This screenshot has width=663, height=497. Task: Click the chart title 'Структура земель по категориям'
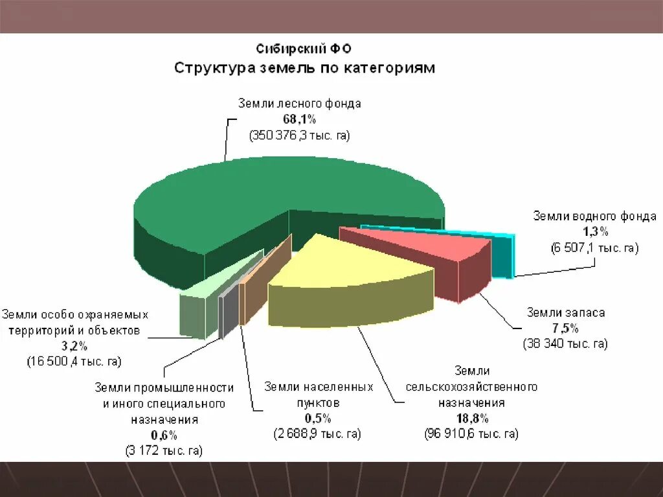pos(304,68)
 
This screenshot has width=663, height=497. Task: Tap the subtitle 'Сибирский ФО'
pos(304,49)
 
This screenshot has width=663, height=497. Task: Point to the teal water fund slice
pos(504,256)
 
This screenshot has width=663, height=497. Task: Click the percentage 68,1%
pos(298,119)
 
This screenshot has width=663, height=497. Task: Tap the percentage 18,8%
pos(471,418)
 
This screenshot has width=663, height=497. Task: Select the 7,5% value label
pos(565,328)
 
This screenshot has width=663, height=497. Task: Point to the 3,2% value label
pos(74,346)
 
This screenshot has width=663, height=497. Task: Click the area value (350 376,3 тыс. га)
pos(298,135)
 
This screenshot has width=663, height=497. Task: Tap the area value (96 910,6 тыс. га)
pos(471,433)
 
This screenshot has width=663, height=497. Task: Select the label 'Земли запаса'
pos(565,312)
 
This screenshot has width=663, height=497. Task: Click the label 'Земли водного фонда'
pos(594,216)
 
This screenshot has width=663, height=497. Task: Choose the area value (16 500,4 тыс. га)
pos(74,361)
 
